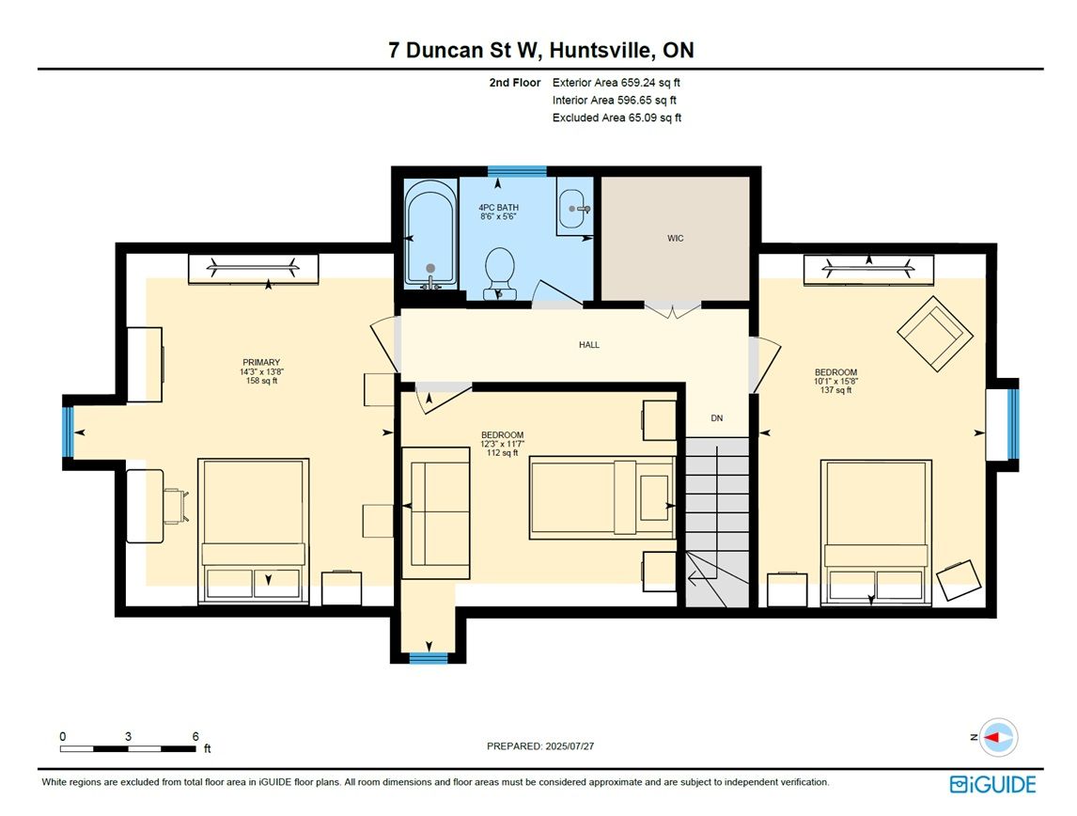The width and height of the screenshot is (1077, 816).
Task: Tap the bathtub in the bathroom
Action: [x=430, y=233]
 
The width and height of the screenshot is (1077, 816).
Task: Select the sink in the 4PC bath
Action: [x=574, y=209]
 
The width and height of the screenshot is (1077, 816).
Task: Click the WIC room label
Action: [x=675, y=239]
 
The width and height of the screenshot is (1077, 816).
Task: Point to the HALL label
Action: [x=589, y=345]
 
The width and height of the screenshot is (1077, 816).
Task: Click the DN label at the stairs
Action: [x=716, y=417]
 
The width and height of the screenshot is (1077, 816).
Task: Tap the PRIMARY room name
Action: [x=261, y=362]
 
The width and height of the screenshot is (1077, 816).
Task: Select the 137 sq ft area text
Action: [x=835, y=390]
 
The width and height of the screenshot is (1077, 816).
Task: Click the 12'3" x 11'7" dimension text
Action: [x=502, y=444]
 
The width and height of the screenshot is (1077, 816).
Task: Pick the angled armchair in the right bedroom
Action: [x=935, y=333]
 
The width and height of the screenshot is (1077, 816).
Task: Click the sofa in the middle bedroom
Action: [x=435, y=513]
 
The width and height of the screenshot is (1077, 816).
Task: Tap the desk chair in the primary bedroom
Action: [x=175, y=506]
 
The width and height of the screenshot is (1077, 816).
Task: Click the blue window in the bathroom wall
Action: [x=517, y=171]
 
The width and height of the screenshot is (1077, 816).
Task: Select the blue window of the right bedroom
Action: [x=1012, y=424]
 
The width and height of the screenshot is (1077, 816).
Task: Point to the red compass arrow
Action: [x=992, y=737]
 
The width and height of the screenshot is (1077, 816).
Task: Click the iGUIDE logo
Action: [x=992, y=784]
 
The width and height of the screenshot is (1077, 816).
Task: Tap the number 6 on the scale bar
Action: [x=195, y=736]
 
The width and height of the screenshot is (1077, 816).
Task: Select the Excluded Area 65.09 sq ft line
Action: [x=617, y=118]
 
